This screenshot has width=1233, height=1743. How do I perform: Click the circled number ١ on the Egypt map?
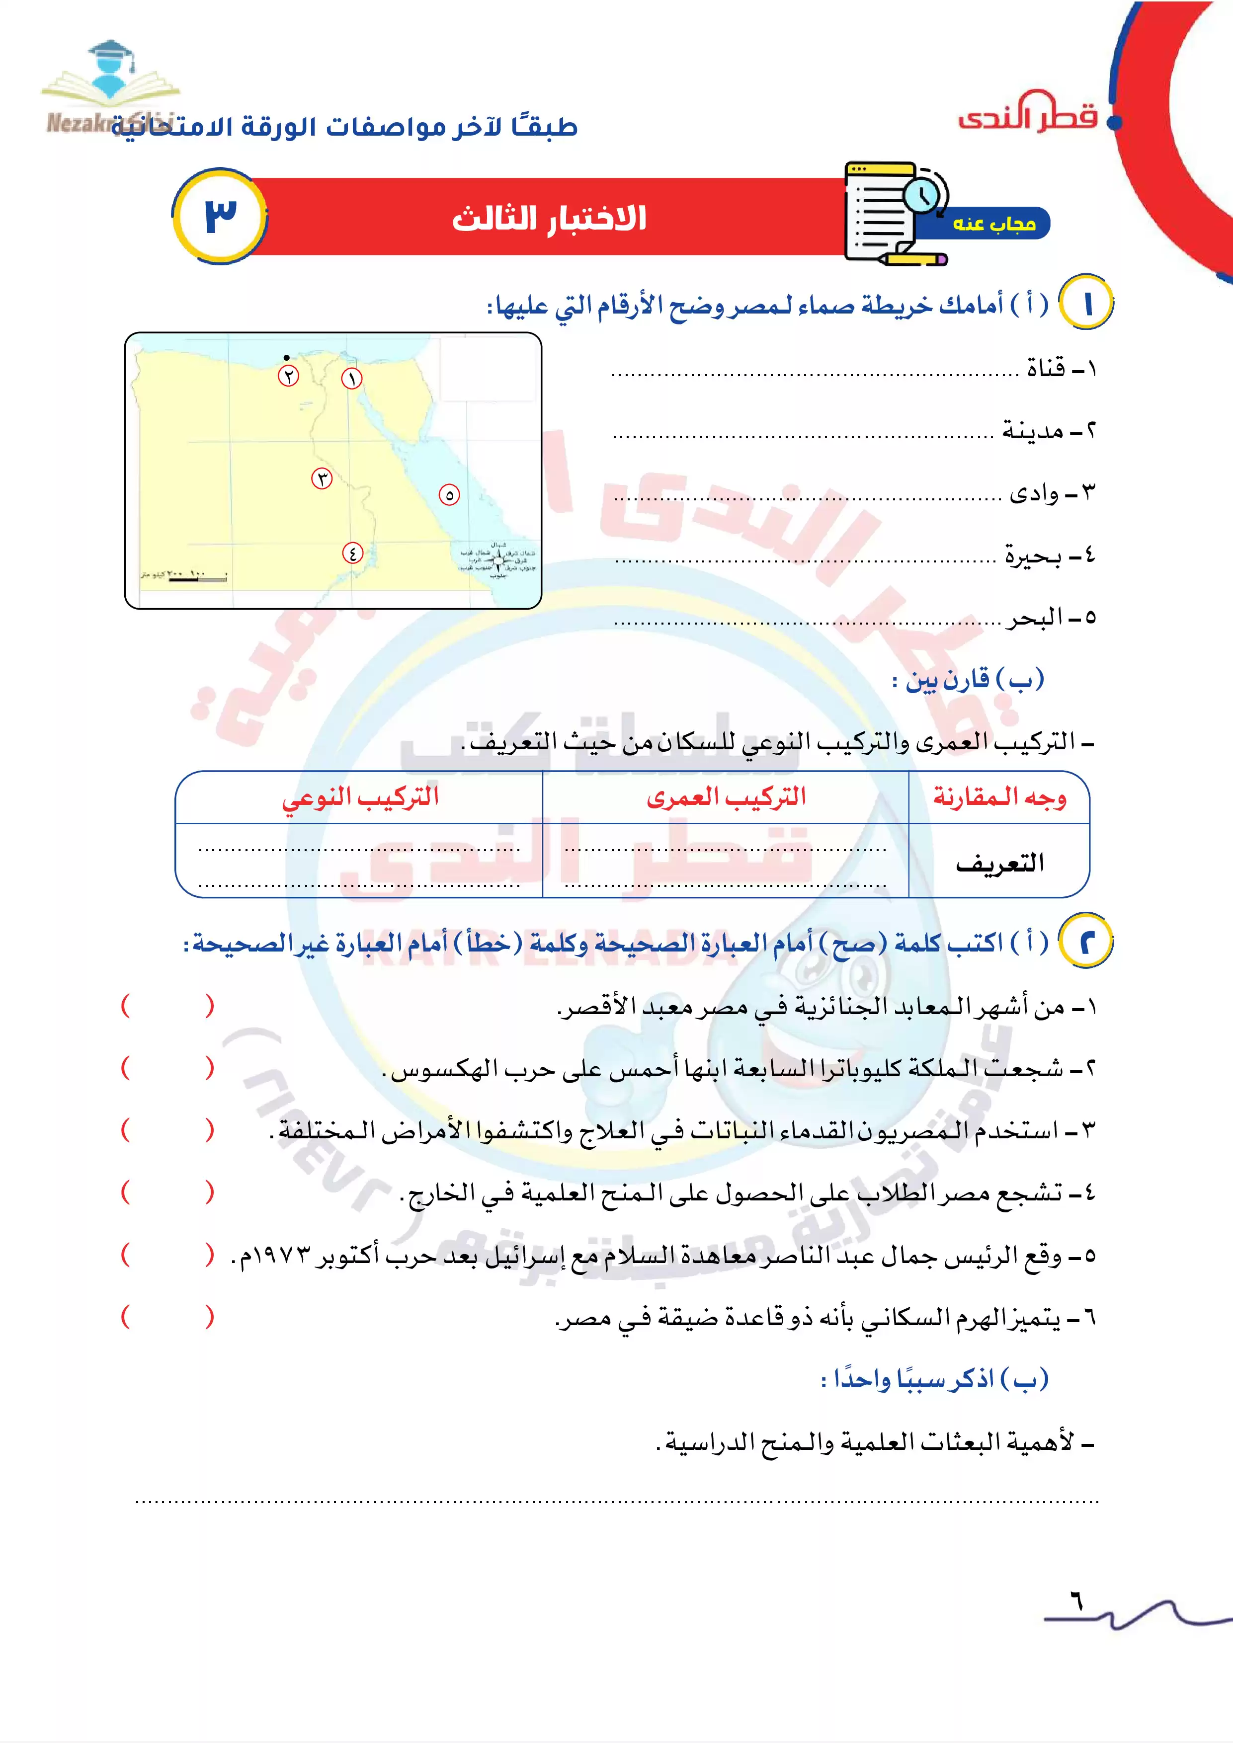[x=351, y=378]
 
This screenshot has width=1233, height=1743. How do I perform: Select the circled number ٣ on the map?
[x=322, y=479]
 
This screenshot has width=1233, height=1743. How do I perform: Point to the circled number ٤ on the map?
[x=352, y=553]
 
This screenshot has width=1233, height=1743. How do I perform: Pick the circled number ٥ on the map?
[x=449, y=495]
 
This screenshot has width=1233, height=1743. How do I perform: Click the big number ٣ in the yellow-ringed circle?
[x=220, y=216]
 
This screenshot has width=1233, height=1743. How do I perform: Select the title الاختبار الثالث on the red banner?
[x=549, y=219]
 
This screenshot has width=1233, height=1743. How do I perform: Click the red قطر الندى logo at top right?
[x=1028, y=112]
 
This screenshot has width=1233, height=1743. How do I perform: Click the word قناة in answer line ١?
[x=1046, y=369]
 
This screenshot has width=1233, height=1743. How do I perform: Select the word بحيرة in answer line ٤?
[x=1033, y=555]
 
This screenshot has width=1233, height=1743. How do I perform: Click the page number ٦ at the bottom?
[x=1076, y=1602]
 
